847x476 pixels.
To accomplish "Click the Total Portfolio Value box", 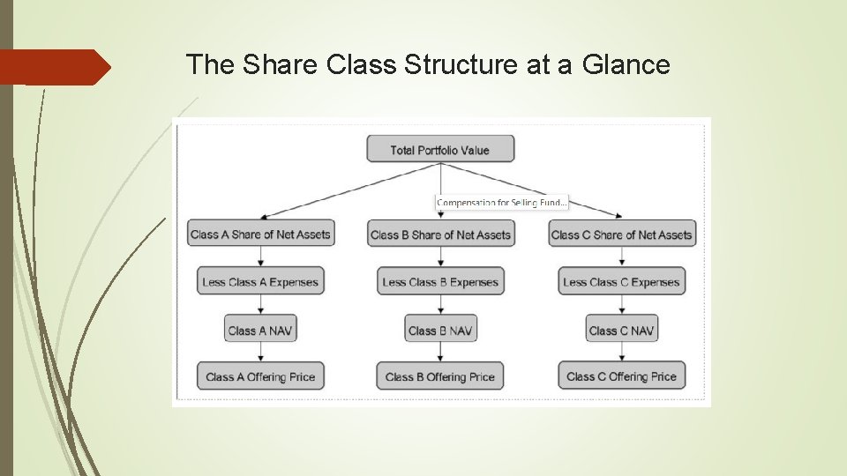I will point(440,150).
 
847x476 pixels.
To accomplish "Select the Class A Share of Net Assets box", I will point(260,234).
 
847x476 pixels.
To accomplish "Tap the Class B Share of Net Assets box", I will point(440,234).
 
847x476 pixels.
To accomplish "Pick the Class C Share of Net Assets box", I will point(621,234).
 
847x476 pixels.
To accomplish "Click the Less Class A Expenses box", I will point(260,282).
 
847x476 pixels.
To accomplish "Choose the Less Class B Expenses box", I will point(440,282).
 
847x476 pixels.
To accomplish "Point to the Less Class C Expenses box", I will point(621,282).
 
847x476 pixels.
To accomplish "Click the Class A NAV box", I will point(260,331).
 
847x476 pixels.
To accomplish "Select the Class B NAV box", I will point(440,331).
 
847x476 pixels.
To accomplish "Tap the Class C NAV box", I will point(621,331).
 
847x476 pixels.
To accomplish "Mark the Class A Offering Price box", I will point(260,376).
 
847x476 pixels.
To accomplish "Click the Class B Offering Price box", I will point(440,376).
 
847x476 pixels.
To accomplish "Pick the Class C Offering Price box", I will point(621,376).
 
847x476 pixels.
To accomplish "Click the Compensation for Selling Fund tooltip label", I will point(501,203).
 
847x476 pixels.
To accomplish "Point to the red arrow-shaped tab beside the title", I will point(55,67).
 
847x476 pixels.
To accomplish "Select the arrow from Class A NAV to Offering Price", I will point(260,353).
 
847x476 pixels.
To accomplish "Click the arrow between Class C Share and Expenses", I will point(621,257).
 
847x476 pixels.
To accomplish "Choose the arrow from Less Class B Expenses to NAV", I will point(440,306).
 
